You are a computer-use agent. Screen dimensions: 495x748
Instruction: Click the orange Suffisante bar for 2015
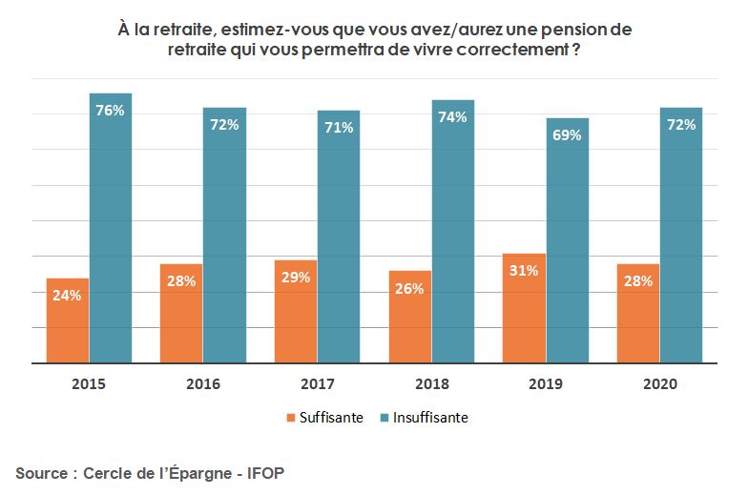click(67, 320)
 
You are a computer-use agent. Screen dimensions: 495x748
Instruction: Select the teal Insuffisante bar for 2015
click(110, 229)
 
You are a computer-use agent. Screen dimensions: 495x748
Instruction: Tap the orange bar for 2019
click(524, 308)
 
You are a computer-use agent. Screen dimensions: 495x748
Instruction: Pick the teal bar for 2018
click(452, 232)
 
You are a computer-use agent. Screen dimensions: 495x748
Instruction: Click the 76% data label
click(110, 110)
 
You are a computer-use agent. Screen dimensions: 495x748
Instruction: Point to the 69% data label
click(567, 135)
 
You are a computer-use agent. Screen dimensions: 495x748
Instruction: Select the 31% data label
click(524, 270)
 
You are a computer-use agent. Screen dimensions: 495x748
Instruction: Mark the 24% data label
click(67, 295)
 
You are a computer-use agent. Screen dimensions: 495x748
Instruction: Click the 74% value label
click(452, 117)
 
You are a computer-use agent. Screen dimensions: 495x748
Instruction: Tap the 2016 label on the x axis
click(203, 384)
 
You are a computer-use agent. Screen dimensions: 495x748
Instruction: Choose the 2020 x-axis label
click(659, 384)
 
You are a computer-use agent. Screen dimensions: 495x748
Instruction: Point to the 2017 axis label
click(317, 384)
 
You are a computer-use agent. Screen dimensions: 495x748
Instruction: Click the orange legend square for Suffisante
click(291, 418)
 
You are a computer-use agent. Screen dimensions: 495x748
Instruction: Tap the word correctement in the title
click(516, 52)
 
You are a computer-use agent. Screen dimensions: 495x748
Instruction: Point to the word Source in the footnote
click(41, 473)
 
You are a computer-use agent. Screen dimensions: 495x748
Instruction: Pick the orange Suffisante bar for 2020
click(638, 314)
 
